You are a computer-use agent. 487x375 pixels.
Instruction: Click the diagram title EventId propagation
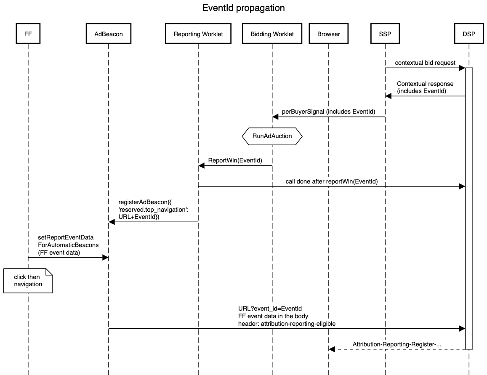(243, 8)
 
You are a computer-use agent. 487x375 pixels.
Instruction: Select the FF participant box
(28, 34)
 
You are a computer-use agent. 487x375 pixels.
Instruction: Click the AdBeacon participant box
(109, 34)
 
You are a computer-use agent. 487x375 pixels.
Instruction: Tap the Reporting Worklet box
(198, 34)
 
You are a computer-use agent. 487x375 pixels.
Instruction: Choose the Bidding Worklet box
(272, 34)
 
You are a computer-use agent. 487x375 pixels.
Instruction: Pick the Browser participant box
(328, 34)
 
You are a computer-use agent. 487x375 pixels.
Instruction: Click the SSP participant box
(385, 34)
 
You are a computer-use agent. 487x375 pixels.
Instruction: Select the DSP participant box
(468, 34)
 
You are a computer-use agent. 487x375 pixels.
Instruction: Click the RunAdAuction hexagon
(272, 136)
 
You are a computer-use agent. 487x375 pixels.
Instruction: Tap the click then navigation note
(28, 281)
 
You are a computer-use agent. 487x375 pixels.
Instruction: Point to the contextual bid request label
(425, 63)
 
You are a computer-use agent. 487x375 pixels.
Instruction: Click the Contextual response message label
(425, 87)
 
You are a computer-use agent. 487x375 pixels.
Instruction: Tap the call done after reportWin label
(332, 181)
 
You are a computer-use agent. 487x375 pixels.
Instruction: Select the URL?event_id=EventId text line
(269, 309)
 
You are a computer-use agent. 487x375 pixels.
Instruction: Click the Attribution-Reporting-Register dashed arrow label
(397, 344)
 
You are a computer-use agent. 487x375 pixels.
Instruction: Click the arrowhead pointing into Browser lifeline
(332, 349)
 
